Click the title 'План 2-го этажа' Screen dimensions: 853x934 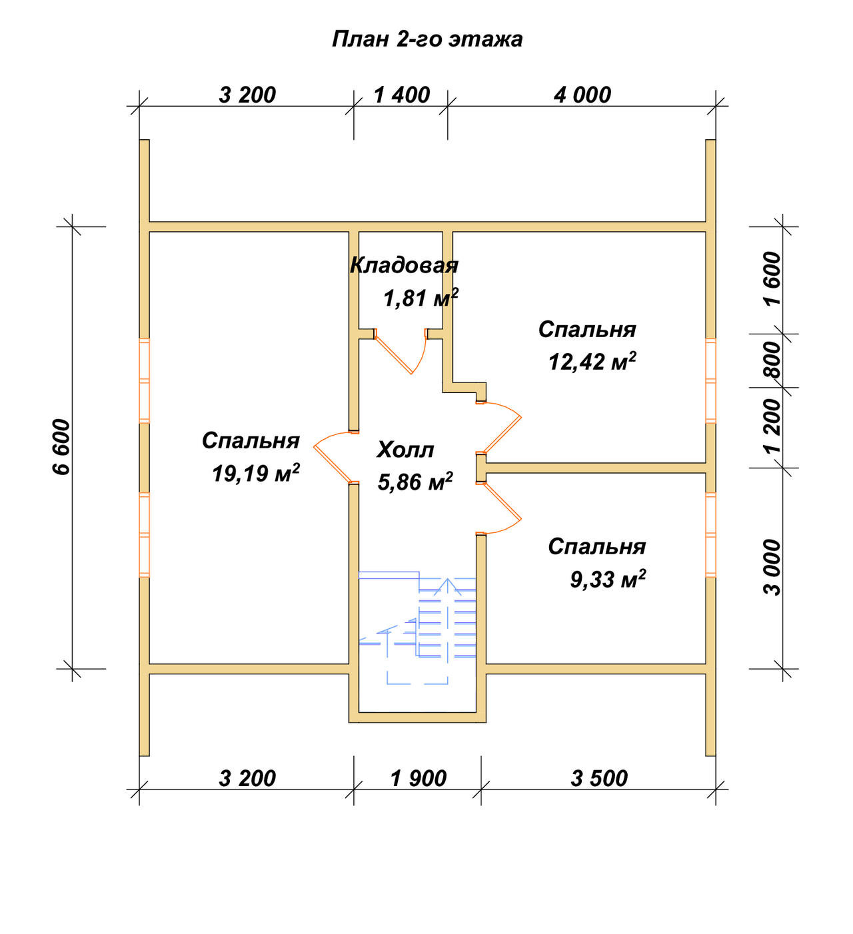(x=426, y=39)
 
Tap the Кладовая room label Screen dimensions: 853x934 (x=404, y=265)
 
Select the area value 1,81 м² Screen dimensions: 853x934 (x=421, y=298)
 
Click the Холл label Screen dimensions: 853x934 (x=405, y=450)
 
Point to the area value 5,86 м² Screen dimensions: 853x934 (x=415, y=482)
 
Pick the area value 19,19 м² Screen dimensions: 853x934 (x=255, y=473)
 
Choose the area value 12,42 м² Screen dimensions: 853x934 (x=592, y=361)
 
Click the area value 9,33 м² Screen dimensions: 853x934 (x=608, y=579)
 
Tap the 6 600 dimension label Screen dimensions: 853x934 (x=61, y=447)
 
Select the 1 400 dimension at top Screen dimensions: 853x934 (x=402, y=95)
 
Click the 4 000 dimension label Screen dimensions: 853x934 (x=582, y=95)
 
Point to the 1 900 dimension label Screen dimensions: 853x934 (x=419, y=778)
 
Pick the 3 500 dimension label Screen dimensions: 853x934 (x=599, y=778)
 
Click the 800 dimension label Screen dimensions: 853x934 (x=772, y=360)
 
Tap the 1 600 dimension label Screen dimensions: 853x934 (x=772, y=278)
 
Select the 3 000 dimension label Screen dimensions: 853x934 (x=772, y=568)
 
